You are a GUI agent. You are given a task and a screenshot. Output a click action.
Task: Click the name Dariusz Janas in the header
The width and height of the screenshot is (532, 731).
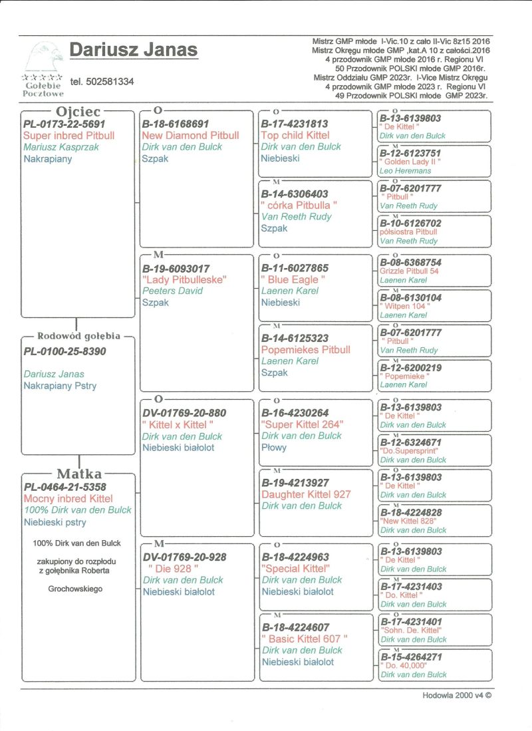coord(133,50)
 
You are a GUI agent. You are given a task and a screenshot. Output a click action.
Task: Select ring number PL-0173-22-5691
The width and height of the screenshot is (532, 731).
coord(64,124)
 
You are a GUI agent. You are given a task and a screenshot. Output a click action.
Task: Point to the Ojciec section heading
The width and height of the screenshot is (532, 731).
coord(78,111)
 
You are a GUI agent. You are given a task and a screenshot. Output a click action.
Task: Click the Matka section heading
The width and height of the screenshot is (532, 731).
coord(78,474)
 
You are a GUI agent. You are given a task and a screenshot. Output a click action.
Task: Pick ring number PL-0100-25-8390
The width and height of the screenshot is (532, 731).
coord(65,351)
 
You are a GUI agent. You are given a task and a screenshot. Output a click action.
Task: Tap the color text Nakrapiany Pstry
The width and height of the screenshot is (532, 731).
coord(60,386)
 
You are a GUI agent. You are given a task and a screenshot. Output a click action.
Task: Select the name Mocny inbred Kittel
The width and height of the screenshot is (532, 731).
coord(68,498)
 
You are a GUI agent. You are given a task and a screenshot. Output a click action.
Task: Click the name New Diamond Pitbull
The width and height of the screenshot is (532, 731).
coord(190,136)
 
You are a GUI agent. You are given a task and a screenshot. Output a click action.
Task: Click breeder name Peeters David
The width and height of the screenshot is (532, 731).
coord(172,291)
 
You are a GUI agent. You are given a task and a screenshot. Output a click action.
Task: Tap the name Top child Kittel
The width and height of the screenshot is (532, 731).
coord(295,136)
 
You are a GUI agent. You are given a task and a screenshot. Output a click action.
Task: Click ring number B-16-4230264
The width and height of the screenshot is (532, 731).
coord(295,412)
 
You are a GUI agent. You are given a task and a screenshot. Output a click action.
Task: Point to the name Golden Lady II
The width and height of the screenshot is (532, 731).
coord(410,162)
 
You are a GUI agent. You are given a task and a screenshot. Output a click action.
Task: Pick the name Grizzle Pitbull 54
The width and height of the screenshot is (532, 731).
coord(409,271)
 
